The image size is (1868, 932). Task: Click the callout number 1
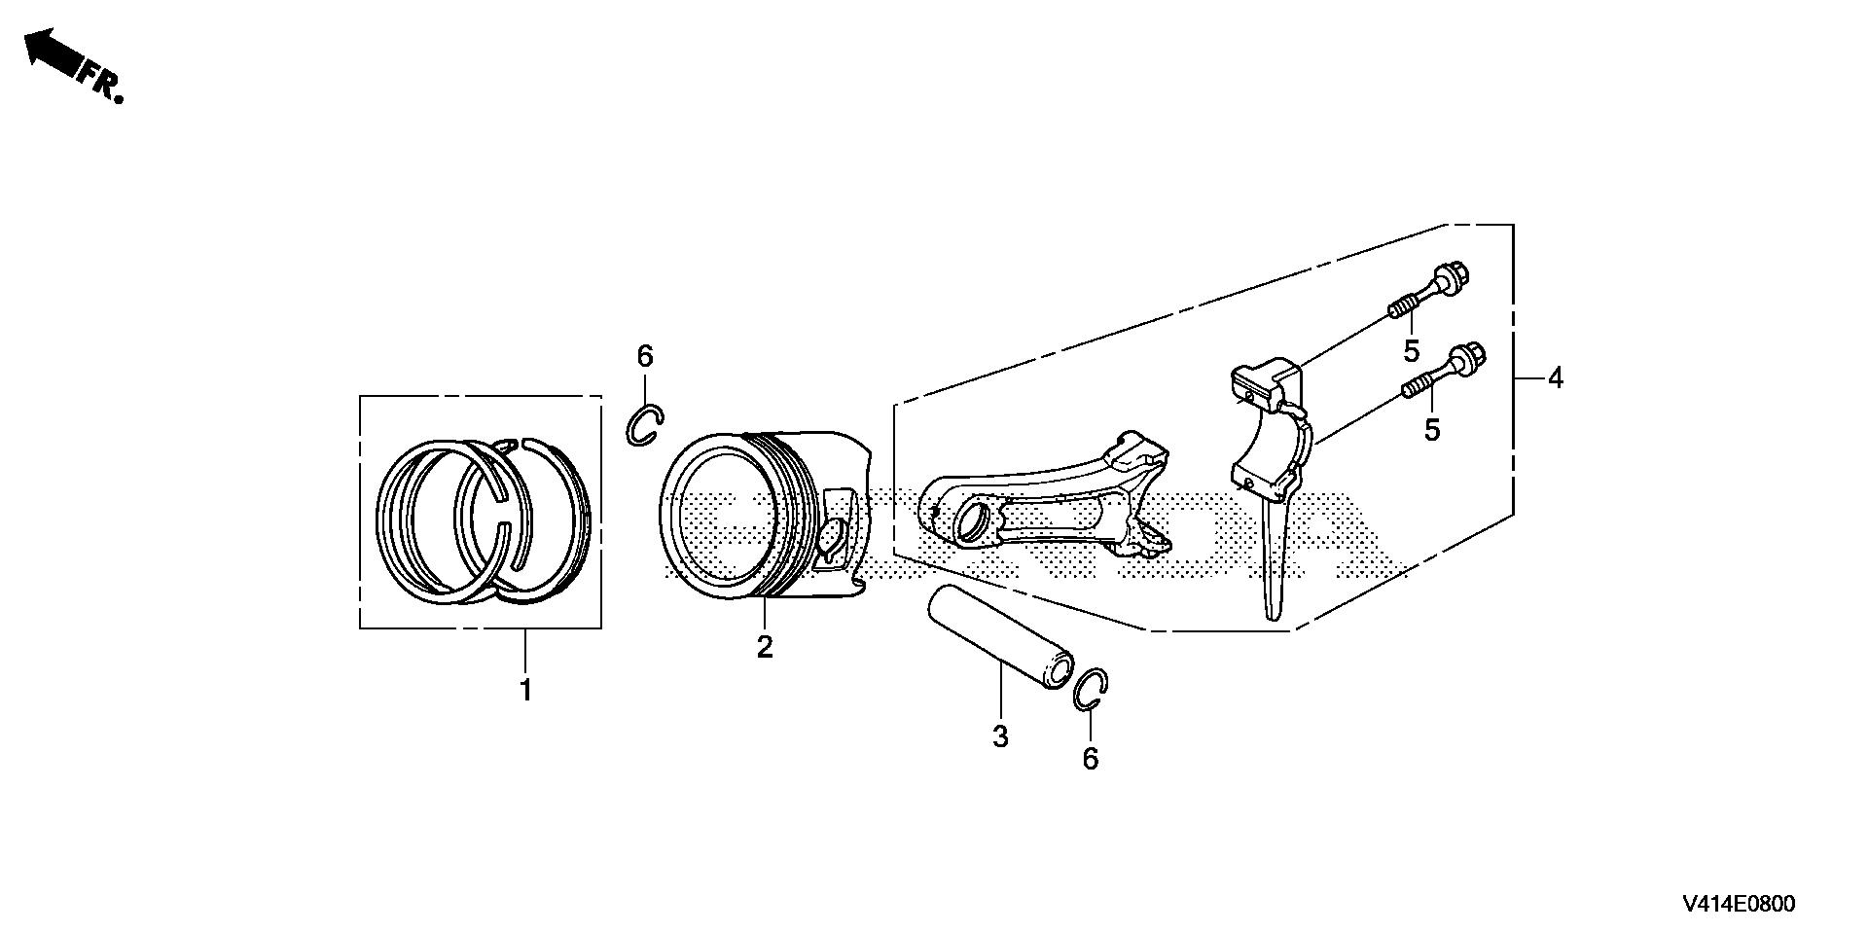point(525,692)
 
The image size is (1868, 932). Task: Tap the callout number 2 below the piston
point(765,646)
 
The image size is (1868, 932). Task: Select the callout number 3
point(1000,736)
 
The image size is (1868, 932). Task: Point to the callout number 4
point(1555,377)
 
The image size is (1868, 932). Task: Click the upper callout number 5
point(1411,350)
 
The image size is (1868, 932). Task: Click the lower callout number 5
point(1431,429)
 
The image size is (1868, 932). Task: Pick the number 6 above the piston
point(645,357)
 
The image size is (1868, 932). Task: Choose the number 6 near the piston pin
point(1090,759)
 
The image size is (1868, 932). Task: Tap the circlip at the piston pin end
point(1092,692)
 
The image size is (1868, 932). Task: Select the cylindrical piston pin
point(994,638)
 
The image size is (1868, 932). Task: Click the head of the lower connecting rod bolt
point(1464,358)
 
